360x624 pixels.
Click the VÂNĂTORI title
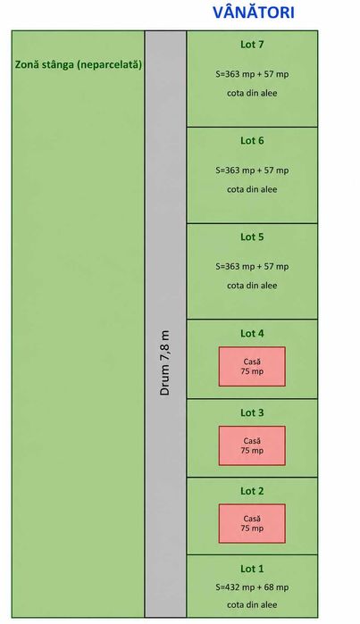(254, 12)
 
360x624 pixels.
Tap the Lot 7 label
(252, 45)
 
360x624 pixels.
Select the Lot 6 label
(252, 140)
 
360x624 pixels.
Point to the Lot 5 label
(252, 237)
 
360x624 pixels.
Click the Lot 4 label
(252, 334)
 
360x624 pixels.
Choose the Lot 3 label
(252, 412)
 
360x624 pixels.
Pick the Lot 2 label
(252, 491)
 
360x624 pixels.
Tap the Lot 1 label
(252, 569)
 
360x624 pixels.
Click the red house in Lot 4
(252, 367)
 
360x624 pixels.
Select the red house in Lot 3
(252, 445)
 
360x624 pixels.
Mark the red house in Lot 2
(252, 524)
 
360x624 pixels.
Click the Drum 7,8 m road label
(165, 362)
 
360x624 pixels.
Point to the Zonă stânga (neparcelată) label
(79, 64)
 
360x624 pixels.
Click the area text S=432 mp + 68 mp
(252, 587)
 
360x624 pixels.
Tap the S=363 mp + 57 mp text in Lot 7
(252, 74)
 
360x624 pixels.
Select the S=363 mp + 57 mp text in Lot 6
(252, 171)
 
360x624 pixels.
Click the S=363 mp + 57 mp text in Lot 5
(252, 267)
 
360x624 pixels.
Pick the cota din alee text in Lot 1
(252, 605)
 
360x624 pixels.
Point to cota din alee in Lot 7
(252, 93)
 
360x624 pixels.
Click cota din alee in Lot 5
(252, 286)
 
